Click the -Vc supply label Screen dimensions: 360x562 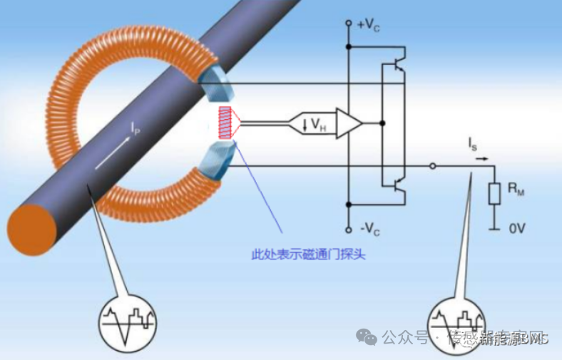pyautogui.click(x=369, y=230)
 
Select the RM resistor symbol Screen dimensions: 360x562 pyautogui.click(x=493, y=193)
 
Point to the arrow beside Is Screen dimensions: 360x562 pyautogui.click(x=483, y=158)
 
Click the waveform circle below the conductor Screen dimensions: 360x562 pyautogui.click(x=126, y=324)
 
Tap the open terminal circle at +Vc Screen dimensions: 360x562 pyautogui.click(x=349, y=24)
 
